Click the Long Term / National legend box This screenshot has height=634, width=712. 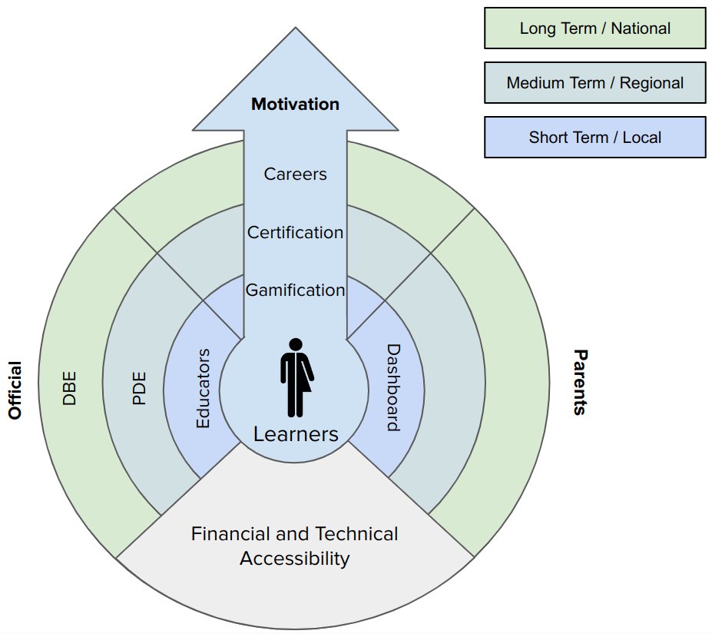click(x=594, y=28)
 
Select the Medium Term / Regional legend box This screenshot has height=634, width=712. click(x=594, y=83)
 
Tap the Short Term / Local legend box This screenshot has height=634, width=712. click(x=594, y=138)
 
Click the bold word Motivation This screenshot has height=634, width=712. click(x=295, y=104)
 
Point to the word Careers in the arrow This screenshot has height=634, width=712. click(x=295, y=174)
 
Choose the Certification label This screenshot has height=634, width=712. click(x=295, y=232)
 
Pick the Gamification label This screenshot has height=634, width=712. click(x=295, y=290)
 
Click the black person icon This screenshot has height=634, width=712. click(x=296, y=377)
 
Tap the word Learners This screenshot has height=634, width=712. click(x=296, y=434)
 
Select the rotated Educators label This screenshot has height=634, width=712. click(x=203, y=389)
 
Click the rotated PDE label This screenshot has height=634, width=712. click(x=139, y=389)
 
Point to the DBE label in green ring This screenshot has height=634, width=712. click(x=69, y=389)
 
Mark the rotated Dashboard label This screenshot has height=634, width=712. click(x=393, y=387)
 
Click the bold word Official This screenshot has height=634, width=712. click(x=15, y=390)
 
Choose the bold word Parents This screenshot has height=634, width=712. click(x=580, y=382)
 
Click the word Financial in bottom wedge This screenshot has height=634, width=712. click(x=230, y=533)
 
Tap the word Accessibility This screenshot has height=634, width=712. click(x=295, y=559)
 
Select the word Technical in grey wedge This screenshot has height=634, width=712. click(x=356, y=533)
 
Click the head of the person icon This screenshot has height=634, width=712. click(x=296, y=344)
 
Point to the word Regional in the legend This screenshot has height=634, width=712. click(x=651, y=83)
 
